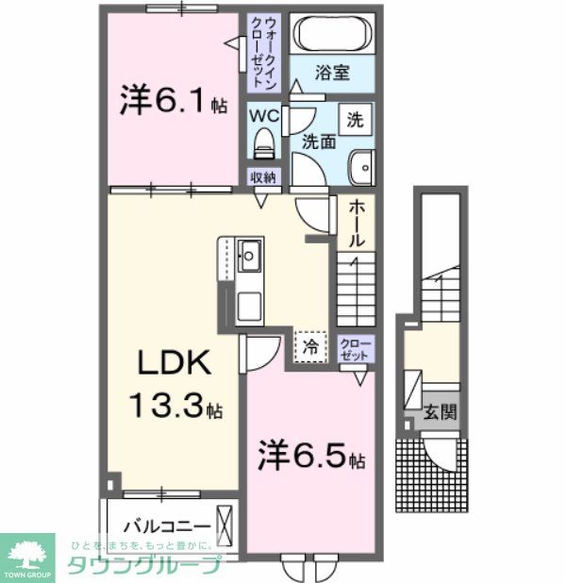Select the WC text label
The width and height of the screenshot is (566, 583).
(263, 115)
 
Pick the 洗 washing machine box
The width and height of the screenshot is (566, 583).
(355, 120)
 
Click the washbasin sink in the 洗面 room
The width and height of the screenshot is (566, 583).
(360, 168)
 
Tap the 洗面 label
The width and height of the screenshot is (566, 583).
(318, 142)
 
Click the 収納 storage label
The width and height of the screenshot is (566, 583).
(263, 177)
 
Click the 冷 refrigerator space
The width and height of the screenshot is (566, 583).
(310, 345)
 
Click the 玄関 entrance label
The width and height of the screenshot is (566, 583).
(441, 411)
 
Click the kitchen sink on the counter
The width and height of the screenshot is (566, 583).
(251, 254)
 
